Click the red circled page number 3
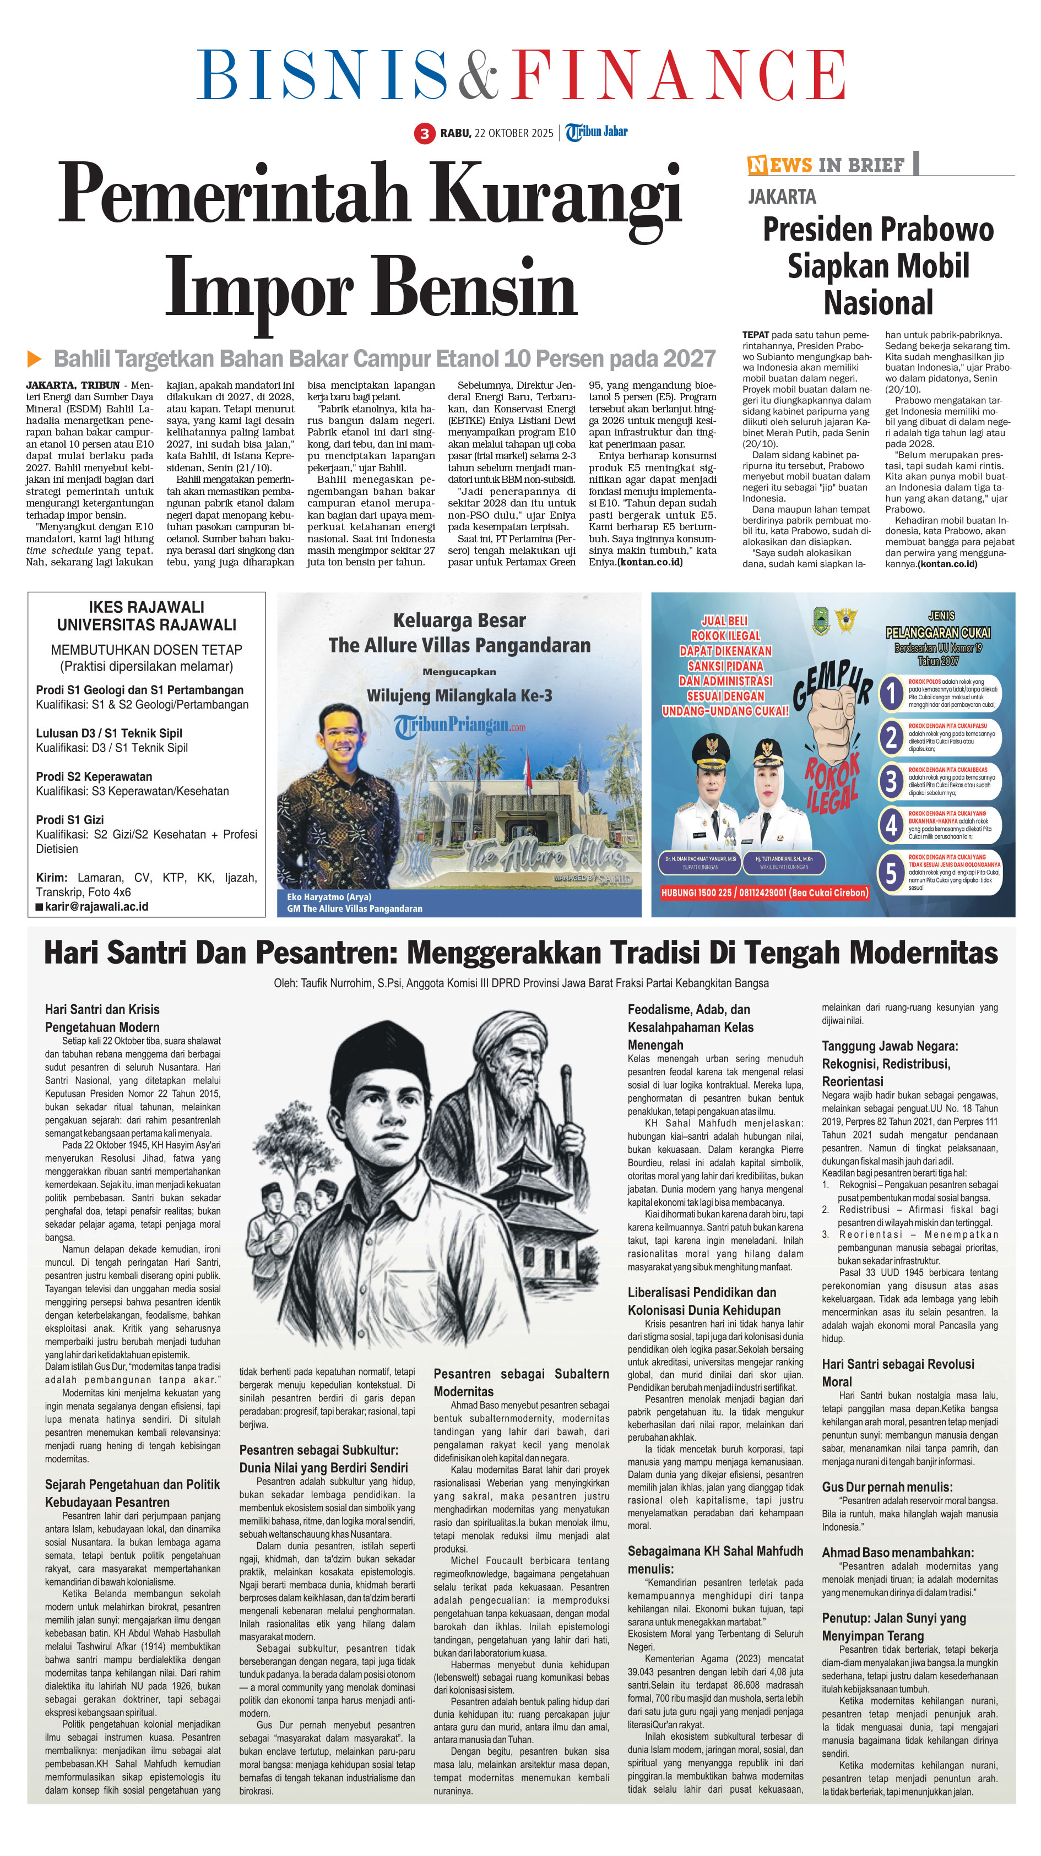(425, 133)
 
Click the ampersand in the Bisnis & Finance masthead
(472, 74)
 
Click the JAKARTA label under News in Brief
(782, 197)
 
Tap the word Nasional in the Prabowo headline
(878, 303)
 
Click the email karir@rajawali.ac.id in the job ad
(96, 906)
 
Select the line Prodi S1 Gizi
(70, 819)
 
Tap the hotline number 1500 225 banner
(764, 892)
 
